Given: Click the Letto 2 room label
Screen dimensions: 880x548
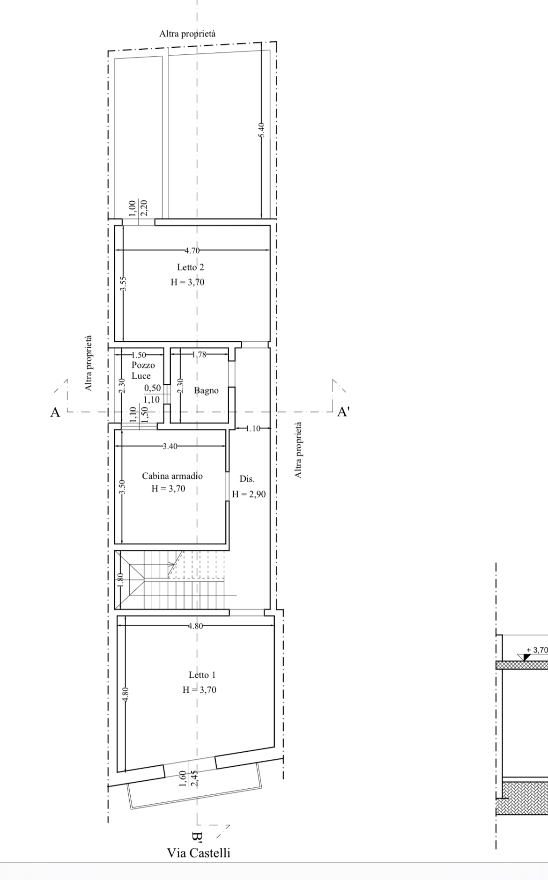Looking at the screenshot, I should pos(190,267).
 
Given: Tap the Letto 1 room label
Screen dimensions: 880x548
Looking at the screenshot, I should pos(202,675).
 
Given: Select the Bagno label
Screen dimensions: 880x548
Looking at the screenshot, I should pos(206,390).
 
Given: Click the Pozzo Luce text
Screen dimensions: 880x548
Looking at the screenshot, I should pos(141,370).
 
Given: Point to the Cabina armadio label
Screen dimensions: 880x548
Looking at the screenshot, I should pos(172,476).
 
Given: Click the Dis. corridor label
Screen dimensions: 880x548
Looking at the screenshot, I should pos(247,479).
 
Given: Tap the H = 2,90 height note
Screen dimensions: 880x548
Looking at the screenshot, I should pos(249,494).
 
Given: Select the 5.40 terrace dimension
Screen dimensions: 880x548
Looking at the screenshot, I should pos(262,130).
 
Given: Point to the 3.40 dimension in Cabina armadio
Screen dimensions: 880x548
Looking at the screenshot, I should pos(170,446).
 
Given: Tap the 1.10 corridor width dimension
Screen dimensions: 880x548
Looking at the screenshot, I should pos(253,428).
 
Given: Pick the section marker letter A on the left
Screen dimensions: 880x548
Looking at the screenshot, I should pos(55,412).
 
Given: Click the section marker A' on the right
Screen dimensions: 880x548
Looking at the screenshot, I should pos(343,412).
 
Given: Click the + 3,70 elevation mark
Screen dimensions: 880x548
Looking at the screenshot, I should pos(537,650).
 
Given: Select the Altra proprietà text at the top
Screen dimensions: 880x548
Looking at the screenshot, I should pos(187,34).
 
